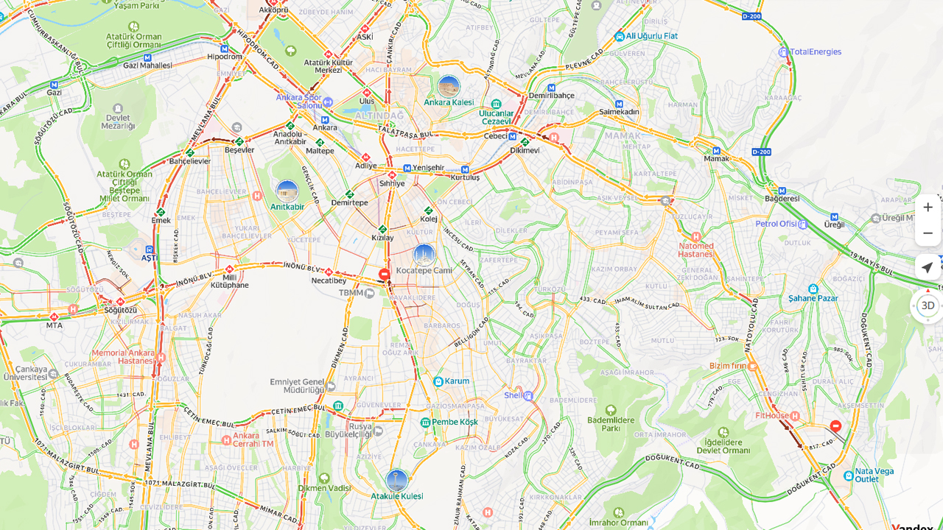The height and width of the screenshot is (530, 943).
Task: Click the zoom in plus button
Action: [x=928, y=208]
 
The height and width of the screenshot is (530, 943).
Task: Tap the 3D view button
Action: [x=928, y=305]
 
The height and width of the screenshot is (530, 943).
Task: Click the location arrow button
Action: [x=928, y=268]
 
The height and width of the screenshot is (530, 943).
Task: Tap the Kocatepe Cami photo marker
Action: [x=424, y=255]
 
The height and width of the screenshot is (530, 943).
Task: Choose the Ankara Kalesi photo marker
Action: [x=449, y=87]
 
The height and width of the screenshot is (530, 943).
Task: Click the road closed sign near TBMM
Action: [x=384, y=275]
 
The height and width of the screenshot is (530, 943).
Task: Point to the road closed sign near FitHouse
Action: [x=835, y=426]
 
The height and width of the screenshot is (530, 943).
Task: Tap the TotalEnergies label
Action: [x=815, y=52]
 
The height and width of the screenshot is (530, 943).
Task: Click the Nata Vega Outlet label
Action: [x=874, y=475]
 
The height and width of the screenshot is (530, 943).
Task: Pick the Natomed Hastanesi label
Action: [x=695, y=250]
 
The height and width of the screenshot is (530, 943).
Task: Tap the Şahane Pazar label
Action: [x=813, y=298]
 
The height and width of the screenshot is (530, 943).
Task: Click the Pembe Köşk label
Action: [x=455, y=422]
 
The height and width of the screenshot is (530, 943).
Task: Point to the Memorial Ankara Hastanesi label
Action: [x=123, y=357]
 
